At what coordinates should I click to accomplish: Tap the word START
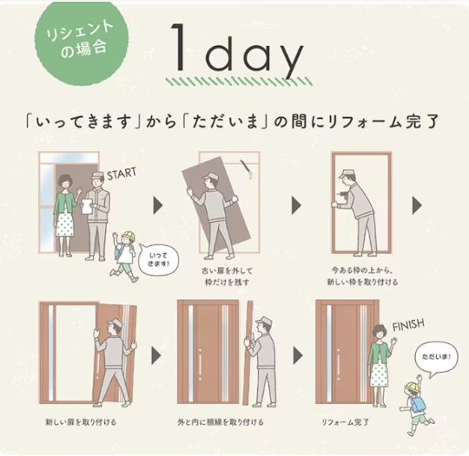(122, 173)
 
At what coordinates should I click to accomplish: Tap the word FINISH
(408, 325)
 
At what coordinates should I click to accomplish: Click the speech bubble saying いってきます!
(159, 259)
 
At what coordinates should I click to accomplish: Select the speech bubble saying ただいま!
(436, 358)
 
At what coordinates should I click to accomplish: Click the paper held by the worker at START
(88, 206)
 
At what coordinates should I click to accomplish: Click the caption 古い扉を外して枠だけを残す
(227, 277)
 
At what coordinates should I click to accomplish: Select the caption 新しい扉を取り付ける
(81, 422)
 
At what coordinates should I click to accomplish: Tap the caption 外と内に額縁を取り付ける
(221, 422)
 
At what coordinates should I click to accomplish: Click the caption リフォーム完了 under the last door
(345, 422)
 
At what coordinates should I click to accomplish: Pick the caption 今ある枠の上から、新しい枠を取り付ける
(362, 277)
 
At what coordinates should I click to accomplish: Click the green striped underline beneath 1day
(240, 81)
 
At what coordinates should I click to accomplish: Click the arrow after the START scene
(157, 205)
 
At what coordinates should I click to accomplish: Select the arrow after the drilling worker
(417, 205)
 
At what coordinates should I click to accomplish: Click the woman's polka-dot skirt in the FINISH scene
(379, 374)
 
